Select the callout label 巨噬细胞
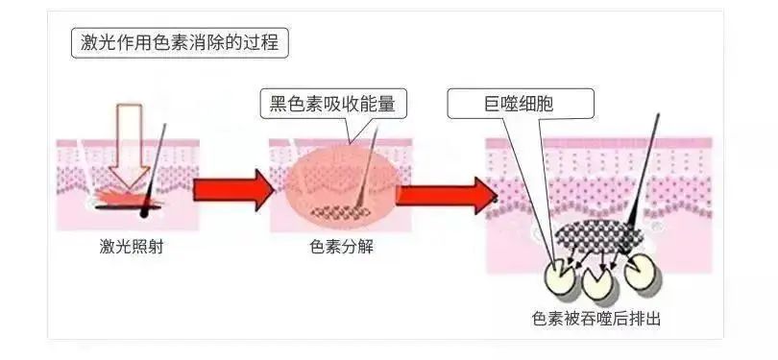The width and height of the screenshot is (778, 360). [x=521, y=103]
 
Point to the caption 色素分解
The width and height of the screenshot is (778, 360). [x=342, y=247]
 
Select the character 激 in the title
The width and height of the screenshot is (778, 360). [x=85, y=43]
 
